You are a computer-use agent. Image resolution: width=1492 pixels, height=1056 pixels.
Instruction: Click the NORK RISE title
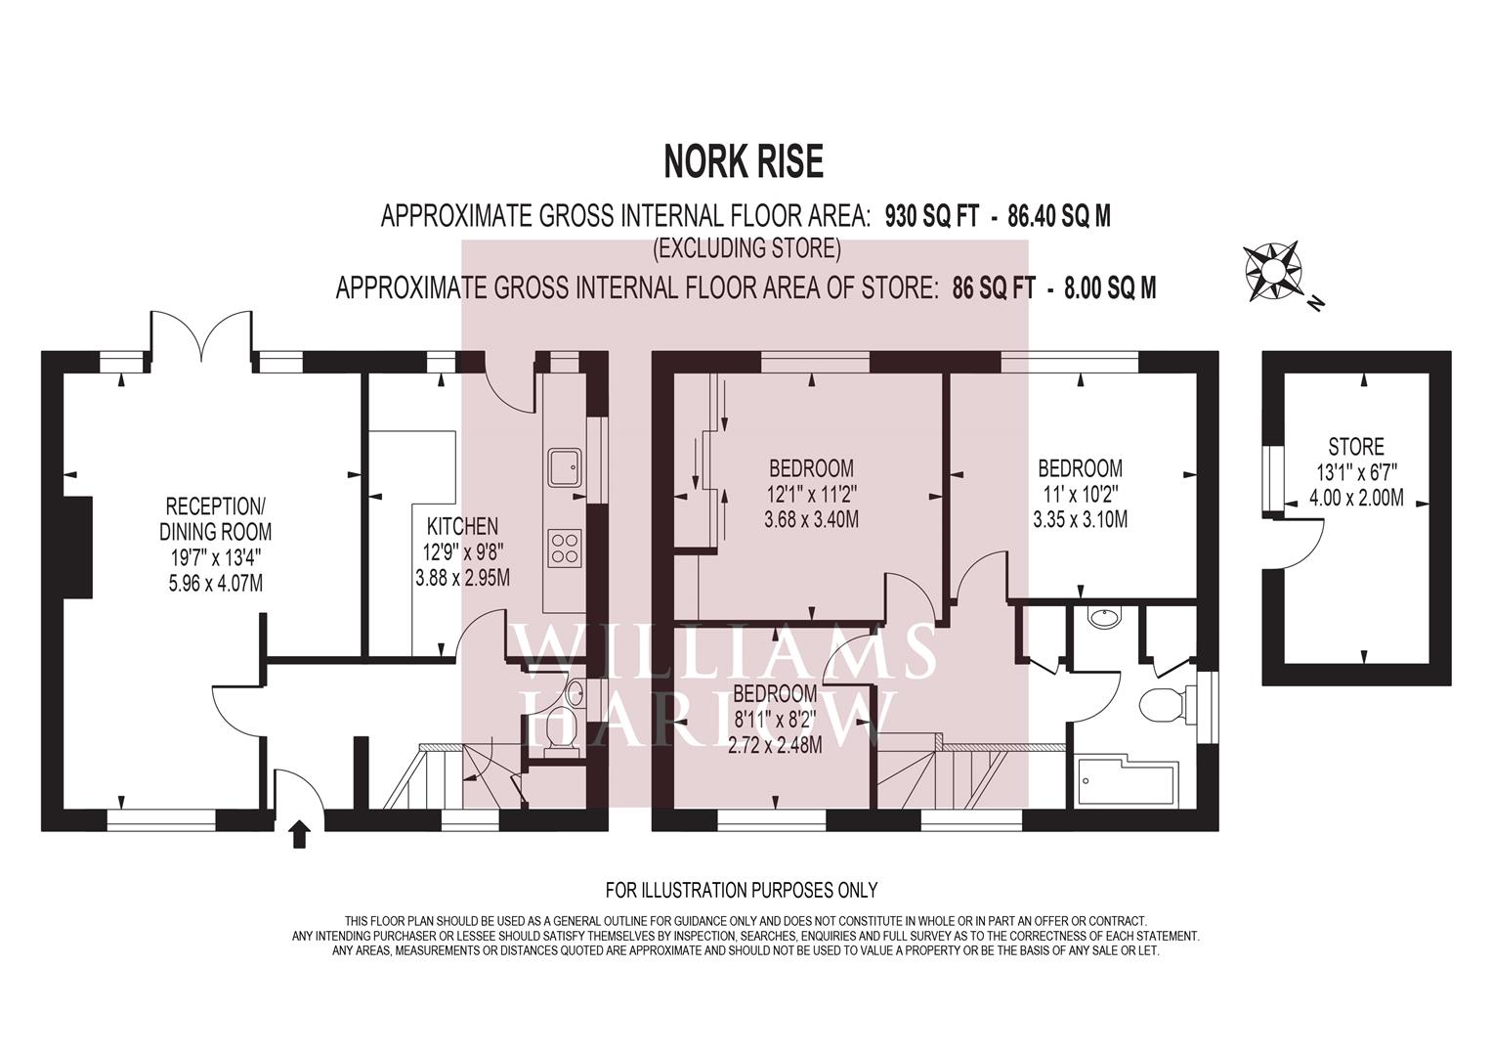click(744, 162)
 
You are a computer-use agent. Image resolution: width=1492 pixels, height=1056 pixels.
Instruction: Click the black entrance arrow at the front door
click(299, 834)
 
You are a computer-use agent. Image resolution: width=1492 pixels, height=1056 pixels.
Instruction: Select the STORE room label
click(1356, 446)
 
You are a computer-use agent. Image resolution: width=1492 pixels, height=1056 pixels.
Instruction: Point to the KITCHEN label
click(462, 527)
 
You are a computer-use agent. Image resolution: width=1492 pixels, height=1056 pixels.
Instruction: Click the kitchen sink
click(565, 466)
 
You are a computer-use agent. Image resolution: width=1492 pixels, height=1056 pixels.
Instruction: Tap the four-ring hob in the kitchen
click(565, 548)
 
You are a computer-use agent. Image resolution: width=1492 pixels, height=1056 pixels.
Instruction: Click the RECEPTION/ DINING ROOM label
click(215, 519)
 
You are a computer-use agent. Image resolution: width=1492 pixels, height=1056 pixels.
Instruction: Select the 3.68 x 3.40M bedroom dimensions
click(811, 519)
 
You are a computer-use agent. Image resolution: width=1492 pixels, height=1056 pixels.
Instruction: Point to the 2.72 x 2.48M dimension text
click(775, 745)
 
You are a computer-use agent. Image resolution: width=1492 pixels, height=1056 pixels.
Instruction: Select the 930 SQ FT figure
click(931, 217)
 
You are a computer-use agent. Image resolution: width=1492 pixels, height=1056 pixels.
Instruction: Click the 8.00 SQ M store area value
click(1110, 288)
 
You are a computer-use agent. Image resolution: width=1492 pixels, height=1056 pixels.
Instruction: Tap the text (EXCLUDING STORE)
click(746, 248)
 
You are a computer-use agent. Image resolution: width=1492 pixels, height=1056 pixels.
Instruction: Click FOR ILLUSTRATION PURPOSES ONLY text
click(742, 890)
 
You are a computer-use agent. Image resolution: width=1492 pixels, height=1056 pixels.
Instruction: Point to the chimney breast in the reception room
click(77, 548)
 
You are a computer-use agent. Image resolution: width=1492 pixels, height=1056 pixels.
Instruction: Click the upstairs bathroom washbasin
click(1105, 617)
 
